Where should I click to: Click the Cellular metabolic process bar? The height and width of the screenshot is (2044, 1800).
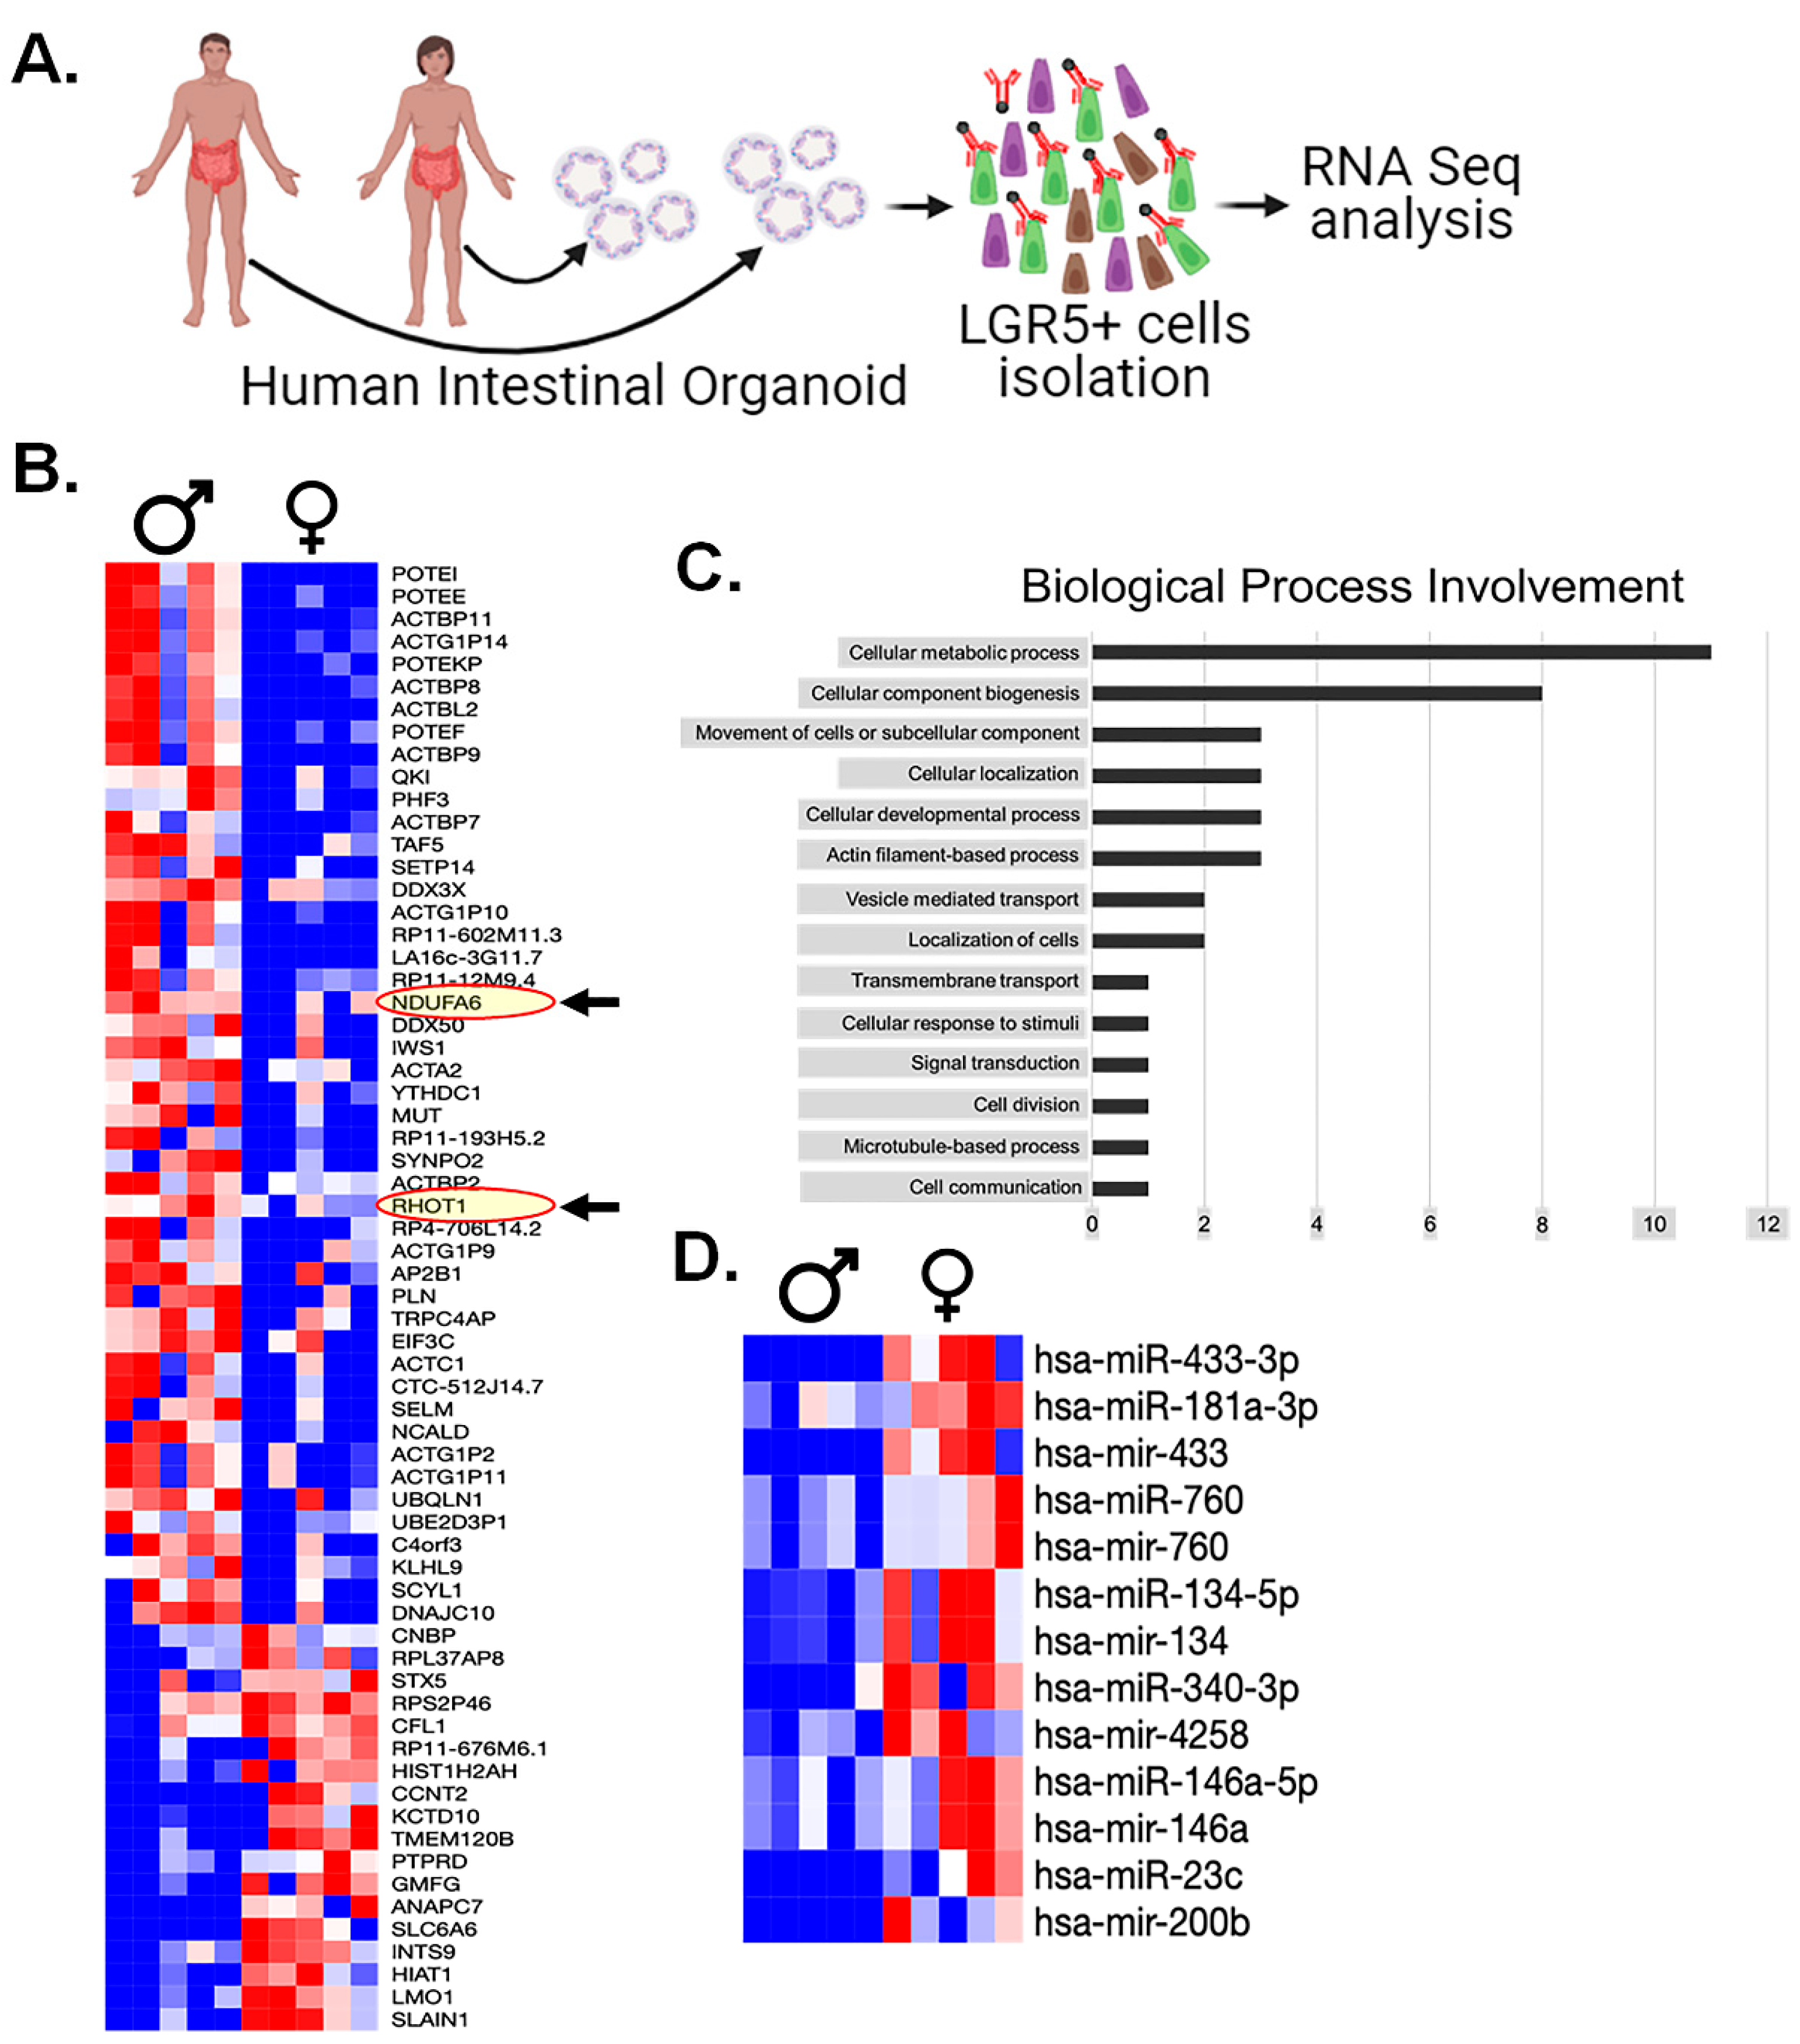click(x=1400, y=652)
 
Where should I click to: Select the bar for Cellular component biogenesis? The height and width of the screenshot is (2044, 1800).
click(x=1316, y=693)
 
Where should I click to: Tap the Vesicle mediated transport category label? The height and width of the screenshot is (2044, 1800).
click(x=961, y=899)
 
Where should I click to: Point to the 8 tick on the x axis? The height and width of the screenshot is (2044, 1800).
click(x=1541, y=1224)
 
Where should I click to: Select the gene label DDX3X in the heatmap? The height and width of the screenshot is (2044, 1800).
click(x=428, y=889)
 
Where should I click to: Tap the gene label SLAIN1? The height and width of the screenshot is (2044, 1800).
click(x=429, y=2019)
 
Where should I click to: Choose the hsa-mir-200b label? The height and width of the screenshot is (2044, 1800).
click(x=1141, y=1922)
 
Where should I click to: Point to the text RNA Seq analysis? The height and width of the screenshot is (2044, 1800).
click(x=1410, y=193)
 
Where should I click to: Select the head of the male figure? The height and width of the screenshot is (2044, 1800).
click(x=214, y=57)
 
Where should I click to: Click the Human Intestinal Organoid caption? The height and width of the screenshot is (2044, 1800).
click(x=573, y=386)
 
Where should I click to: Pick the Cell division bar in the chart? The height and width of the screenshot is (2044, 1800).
click(x=1119, y=1105)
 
